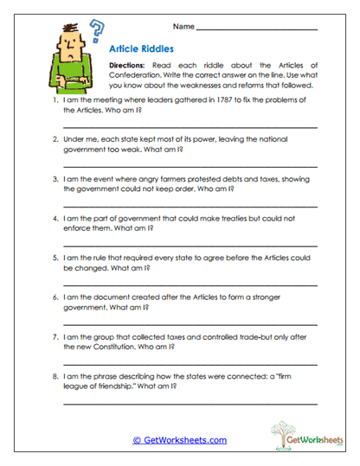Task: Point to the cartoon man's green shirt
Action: pyautogui.click(x=71, y=73)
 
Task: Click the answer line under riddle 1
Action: pyautogui.click(x=190, y=127)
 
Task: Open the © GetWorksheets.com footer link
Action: pyautogui.click(x=179, y=440)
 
